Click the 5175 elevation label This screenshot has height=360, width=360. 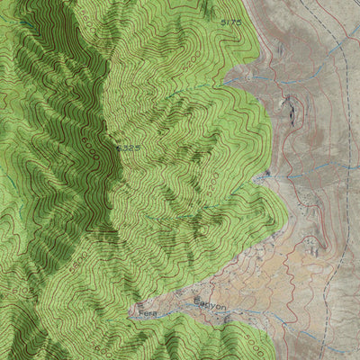(231, 20)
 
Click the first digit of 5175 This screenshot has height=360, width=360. (222, 20)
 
